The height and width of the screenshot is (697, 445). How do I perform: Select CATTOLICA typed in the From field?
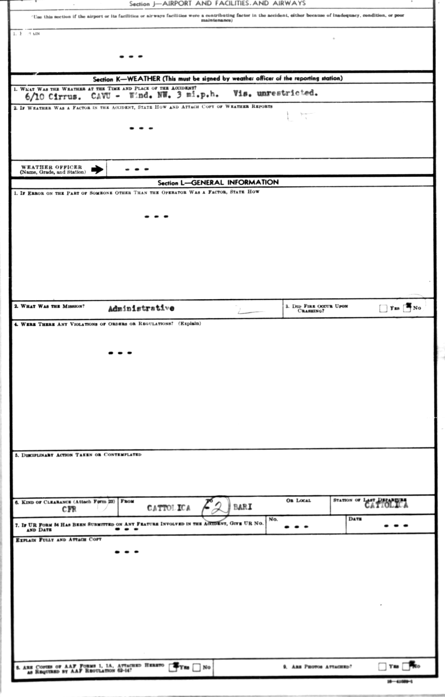click(x=169, y=508)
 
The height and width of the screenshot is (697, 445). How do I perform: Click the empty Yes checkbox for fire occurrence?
click(x=383, y=309)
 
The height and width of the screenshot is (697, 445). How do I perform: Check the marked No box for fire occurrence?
click(x=407, y=308)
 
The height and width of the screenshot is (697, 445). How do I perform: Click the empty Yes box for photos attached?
click(x=382, y=667)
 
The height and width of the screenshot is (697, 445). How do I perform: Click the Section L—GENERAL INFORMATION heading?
click(x=218, y=182)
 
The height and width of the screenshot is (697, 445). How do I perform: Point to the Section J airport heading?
click(x=217, y=3)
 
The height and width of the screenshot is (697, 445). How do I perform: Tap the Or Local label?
click(x=298, y=501)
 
